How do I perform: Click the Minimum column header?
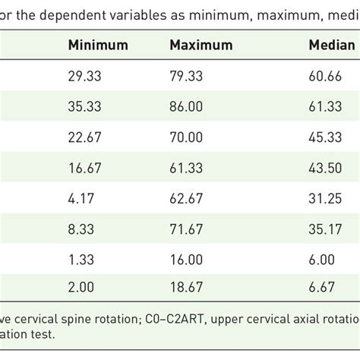point(98,46)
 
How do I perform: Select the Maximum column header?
point(201,46)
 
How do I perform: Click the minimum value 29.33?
point(85,77)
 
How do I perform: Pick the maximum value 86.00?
point(185,107)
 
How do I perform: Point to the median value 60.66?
point(324,77)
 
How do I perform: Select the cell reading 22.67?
point(85,137)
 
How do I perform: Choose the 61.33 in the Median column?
point(324,107)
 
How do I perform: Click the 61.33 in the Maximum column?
point(185,168)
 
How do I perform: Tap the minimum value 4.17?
point(82,198)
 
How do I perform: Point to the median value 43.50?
point(324,168)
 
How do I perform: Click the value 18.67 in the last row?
point(185,289)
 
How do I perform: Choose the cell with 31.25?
point(324,198)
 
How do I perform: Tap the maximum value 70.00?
point(185,137)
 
